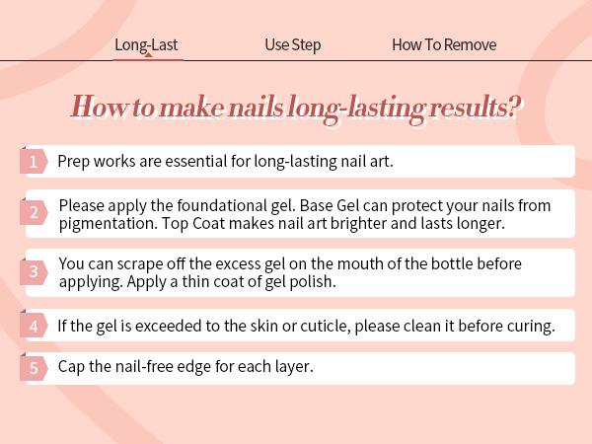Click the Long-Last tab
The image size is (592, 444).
[146, 45]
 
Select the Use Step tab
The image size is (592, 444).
[293, 45]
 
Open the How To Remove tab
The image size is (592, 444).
[444, 45]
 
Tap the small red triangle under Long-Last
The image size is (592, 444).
[148, 55]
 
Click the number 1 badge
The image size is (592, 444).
[34, 162]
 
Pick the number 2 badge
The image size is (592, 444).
[34, 212]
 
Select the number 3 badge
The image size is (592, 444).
[34, 271]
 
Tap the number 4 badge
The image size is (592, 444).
[34, 326]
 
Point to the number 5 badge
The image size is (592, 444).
[34, 367]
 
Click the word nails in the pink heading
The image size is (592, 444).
[256, 107]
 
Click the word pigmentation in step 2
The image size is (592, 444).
[108, 224]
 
